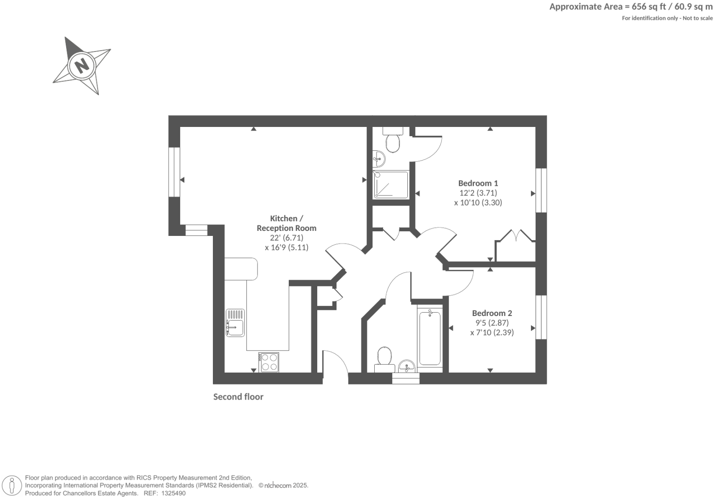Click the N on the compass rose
click(x=82, y=65)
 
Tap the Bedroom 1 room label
click(x=478, y=183)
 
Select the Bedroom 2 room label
click(x=491, y=313)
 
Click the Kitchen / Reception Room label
click(x=286, y=223)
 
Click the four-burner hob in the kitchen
click(x=268, y=362)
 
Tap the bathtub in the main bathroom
click(x=430, y=338)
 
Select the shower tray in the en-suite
click(x=390, y=185)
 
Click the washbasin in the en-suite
click(x=379, y=159)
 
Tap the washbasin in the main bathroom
click(x=406, y=366)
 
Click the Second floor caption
click(x=238, y=396)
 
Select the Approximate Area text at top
click(x=631, y=6)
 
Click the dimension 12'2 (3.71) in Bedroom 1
click(x=478, y=193)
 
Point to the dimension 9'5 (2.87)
click(x=491, y=323)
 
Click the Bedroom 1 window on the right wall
click(x=541, y=190)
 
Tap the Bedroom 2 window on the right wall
click(x=541, y=317)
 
